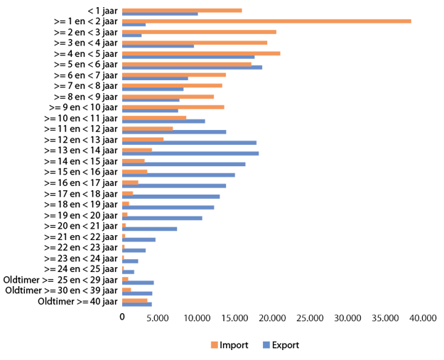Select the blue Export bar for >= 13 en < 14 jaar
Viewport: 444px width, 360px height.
point(190,153)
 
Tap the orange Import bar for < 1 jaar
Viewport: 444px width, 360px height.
point(182,11)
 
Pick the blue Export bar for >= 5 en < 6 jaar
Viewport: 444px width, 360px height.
point(192,67)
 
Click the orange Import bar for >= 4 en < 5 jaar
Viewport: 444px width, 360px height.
point(201,53)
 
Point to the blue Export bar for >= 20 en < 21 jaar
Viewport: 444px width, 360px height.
point(149,229)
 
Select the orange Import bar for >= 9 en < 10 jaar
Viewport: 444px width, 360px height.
point(173,107)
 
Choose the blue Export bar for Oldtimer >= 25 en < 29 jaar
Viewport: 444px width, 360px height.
point(138,283)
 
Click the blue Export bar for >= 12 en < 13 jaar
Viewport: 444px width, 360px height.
point(189,143)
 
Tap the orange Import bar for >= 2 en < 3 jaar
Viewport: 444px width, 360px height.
point(199,32)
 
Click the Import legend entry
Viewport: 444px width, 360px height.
point(229,346)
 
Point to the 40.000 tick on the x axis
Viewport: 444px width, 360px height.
point(423,319)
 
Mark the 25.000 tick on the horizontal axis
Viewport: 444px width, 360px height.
point(310,319)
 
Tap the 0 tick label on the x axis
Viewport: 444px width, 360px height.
point(122,319)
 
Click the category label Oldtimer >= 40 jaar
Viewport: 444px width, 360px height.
point(77,302)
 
